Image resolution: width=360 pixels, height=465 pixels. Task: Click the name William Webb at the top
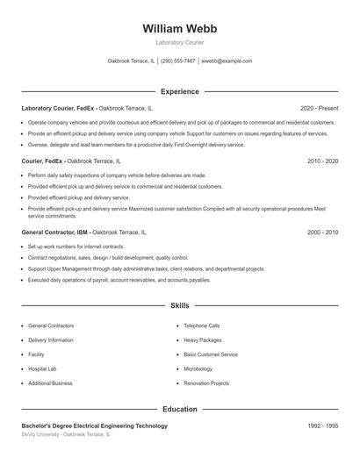tap(179, 28)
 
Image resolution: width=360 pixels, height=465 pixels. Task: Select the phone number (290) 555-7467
tap(178, 61)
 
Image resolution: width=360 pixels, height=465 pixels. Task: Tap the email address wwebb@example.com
tap(227, 61)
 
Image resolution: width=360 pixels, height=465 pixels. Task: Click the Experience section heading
tap(179, 91)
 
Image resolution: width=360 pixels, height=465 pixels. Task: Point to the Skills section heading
tap(179, 306)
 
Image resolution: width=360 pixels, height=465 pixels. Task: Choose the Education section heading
tap(179, 409)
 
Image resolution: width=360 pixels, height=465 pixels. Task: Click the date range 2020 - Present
tap(319, 108)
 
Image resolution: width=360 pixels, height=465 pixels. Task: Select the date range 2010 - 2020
tap(322, 161)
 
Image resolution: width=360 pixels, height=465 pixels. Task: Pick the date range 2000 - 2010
tap(322, 232)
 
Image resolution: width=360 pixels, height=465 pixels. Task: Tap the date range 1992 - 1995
tap(322, 426)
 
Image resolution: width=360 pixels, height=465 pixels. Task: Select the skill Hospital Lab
tap(42, 369)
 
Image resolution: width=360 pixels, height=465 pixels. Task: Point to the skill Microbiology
tap(198, 369)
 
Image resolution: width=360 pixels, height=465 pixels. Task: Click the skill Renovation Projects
tap(206, 383)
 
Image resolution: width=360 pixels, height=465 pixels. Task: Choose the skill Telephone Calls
tap(202, 325)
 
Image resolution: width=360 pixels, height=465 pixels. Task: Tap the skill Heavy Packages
tap(202, 340)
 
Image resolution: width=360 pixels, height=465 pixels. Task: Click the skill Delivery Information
tap(51, 340)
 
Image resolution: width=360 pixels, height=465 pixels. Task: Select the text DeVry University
tap(40, 434)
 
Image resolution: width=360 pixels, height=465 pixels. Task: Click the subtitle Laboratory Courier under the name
tap(179, 42)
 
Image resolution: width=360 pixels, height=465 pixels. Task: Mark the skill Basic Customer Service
tap(211, 354)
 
